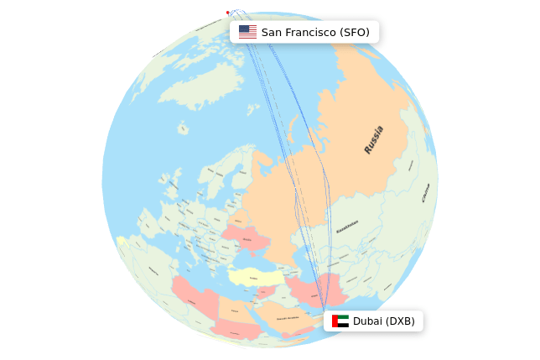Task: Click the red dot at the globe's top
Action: click(x=227, y=13)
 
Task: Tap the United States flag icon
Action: click(x=247, y=32)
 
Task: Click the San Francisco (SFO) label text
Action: click(x=315, y=32)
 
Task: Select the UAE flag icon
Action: click(x=340, y=321)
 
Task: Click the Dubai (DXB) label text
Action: click(x=383, y=321)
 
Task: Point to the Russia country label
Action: click(x=374, y=139)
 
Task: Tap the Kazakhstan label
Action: click(x=347, y=227)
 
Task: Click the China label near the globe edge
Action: click(x=425, y=194)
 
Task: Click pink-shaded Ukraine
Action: click(x=247, y=241)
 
